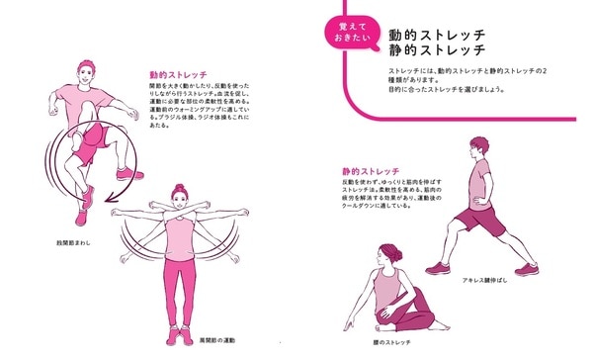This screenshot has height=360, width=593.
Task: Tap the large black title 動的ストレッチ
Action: (x=436, y=33)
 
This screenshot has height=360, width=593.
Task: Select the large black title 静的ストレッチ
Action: (x=436, y=50)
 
